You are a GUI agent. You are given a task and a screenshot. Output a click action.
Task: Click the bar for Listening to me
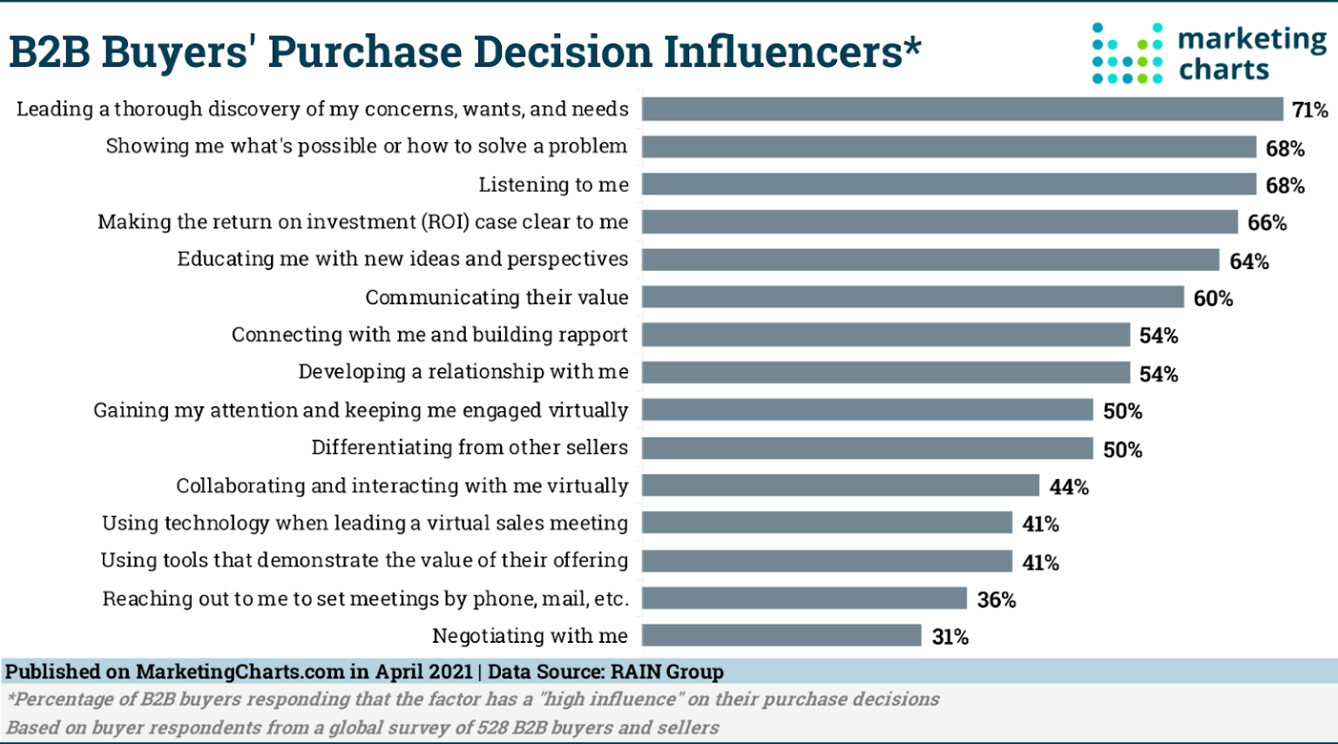click(x=949, y=184)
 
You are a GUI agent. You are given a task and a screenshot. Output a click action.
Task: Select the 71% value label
click(x=1309, y=110)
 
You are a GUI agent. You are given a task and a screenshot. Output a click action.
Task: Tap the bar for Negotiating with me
click(x=781, y=636)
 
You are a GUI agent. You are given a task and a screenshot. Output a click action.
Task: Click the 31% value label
click(x=949, y=637)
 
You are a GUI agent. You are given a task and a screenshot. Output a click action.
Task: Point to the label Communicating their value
click(x=497, y=297)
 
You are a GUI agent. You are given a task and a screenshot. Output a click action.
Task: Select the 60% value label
click(x=1213, y=299)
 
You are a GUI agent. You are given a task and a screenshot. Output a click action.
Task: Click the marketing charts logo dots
click(x=1127, y=53)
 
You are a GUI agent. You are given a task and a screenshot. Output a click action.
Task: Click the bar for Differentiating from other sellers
click(x=867, y=448)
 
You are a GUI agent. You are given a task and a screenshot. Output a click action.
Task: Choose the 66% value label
click(x=1267, y=223)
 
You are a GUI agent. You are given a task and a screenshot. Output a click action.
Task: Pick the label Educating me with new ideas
click(x=402, y=260)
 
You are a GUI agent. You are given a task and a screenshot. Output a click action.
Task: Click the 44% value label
click(x=1069, y=487)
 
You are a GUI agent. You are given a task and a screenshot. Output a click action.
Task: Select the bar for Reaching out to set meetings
click(x=804, y=599)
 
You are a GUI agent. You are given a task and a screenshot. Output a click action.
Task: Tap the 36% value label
click(x=997, y=599)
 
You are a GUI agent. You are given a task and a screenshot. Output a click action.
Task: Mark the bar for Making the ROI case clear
click(x=939, y=222)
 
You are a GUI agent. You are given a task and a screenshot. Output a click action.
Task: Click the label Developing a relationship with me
click(x=463, y=372)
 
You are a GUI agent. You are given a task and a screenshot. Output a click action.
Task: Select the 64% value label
click(x=1248, y=261)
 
